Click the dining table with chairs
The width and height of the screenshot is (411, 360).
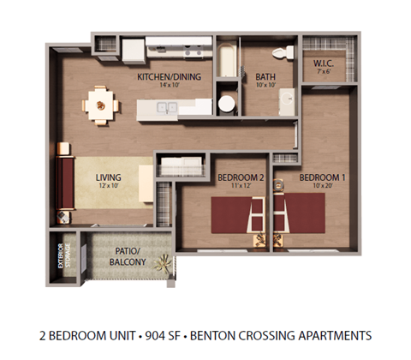pyautogui.click(x=102, y=105)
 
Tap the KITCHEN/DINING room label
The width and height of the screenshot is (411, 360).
pyautogui.click(x=169, y=77)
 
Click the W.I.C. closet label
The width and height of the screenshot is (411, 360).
pyautogui.click(x=323, y=62)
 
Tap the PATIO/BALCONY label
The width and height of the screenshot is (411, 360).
pyautogui.click(x=128, y=255)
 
